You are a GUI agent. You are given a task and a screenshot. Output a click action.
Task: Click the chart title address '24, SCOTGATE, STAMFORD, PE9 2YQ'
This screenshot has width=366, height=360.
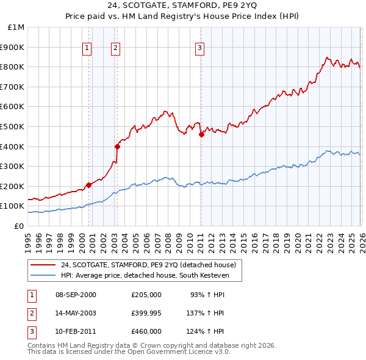click(x=183, y=7)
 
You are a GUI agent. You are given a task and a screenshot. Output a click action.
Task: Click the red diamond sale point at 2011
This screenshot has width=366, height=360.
click(x=201, y=135)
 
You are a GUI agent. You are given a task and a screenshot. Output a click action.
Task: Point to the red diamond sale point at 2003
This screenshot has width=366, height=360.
click(x=117, y=146)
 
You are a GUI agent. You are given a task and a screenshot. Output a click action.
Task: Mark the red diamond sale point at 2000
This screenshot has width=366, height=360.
click(x=88, y=185)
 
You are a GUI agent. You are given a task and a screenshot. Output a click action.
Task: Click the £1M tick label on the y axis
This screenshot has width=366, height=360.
click(x=16, y=27)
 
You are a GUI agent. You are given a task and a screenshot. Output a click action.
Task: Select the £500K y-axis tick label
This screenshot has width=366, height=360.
click(x=13, y=127)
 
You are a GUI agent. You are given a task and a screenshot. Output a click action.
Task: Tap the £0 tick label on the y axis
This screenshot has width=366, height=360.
click(x=19, y=226)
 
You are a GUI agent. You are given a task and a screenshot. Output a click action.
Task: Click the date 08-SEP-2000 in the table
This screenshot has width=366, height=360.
click(x=76, y=295)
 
